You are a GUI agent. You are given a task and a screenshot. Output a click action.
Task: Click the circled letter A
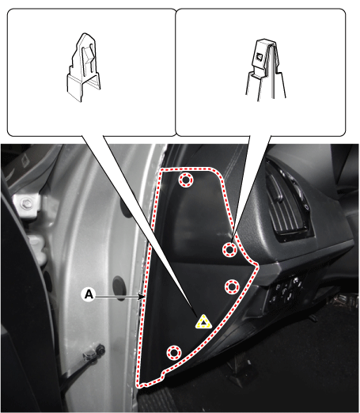pos(89,294)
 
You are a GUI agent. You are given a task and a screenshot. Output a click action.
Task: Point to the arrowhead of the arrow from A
pos(142,297)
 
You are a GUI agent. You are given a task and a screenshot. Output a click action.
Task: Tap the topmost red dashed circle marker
pos(186,180)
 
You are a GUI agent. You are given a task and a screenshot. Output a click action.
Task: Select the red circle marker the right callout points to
pos(229,249)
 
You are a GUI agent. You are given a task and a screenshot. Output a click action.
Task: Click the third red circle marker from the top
pos(232,286)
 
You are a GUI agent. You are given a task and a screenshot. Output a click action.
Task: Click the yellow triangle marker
pos(203,322)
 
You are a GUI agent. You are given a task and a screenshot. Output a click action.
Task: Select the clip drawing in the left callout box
pos(83,67)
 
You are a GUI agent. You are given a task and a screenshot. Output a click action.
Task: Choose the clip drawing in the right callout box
pos(266,69)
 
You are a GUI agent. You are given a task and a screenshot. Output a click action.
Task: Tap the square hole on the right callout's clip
pos(260,56)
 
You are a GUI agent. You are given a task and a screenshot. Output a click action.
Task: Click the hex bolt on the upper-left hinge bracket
pos(25,203)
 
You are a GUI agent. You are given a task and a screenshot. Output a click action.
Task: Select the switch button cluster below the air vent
pos(286,291)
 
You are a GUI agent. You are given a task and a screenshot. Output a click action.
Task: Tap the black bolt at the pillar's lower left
pos(100,349)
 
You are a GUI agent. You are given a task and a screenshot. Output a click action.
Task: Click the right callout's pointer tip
pos(232,241)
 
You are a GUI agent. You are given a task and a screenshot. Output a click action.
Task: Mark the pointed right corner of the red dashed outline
pos(257,265)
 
